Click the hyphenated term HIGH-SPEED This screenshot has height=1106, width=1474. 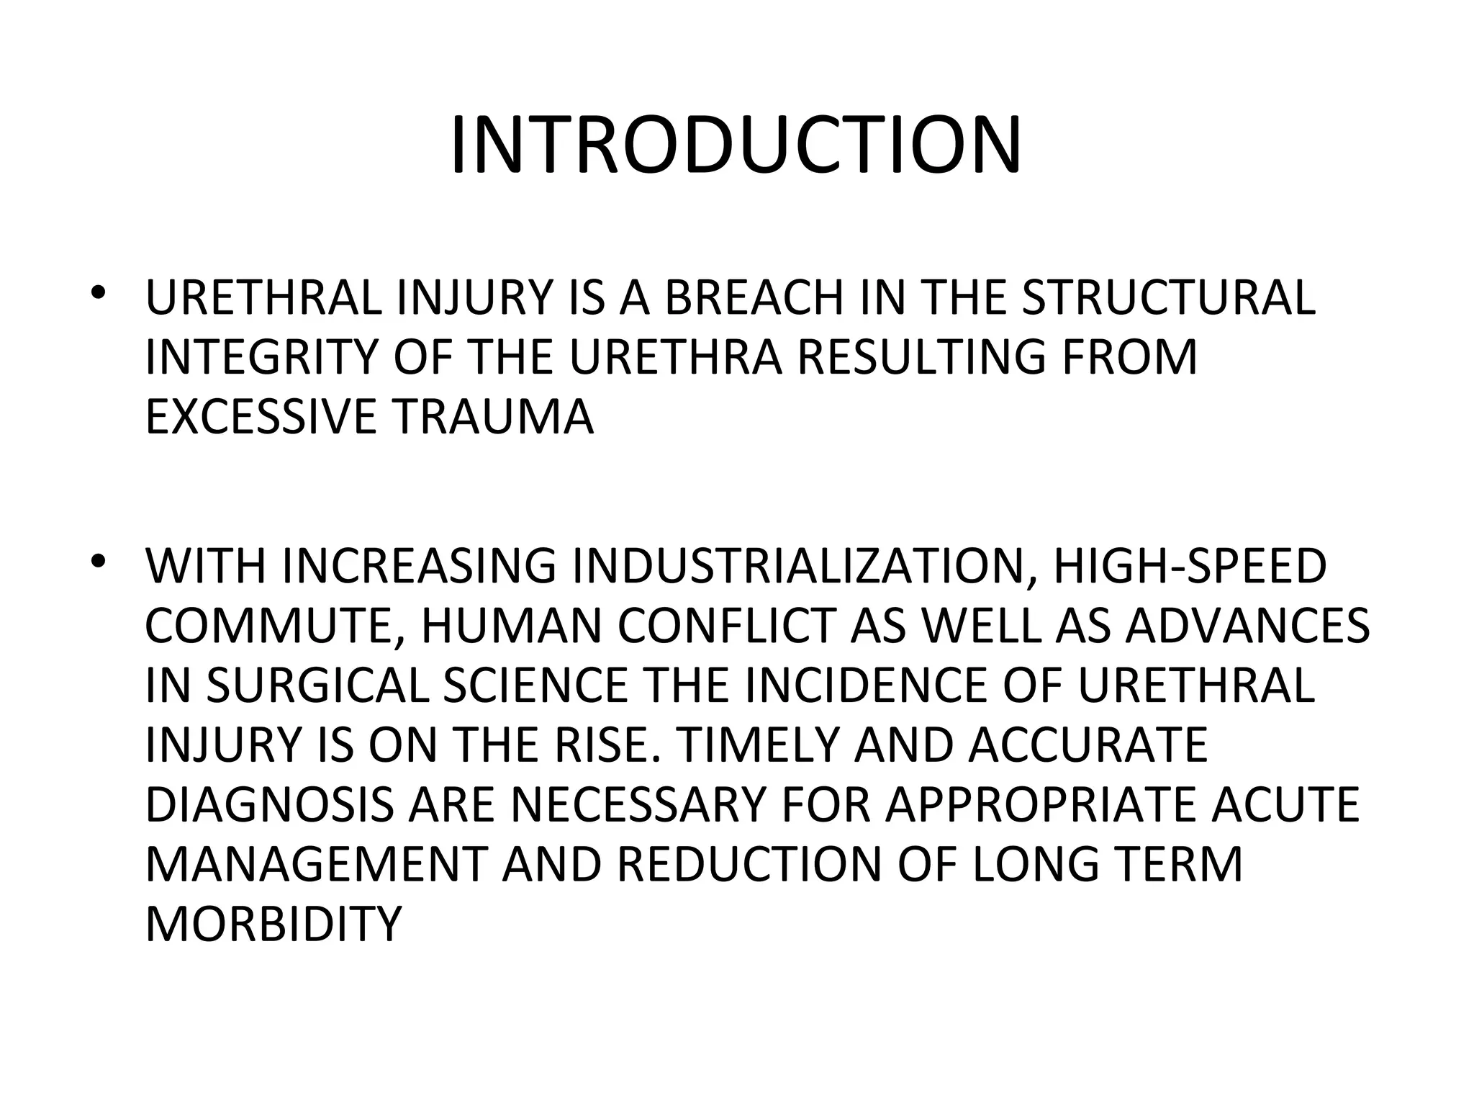1190,567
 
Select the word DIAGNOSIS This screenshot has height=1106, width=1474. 269,805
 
